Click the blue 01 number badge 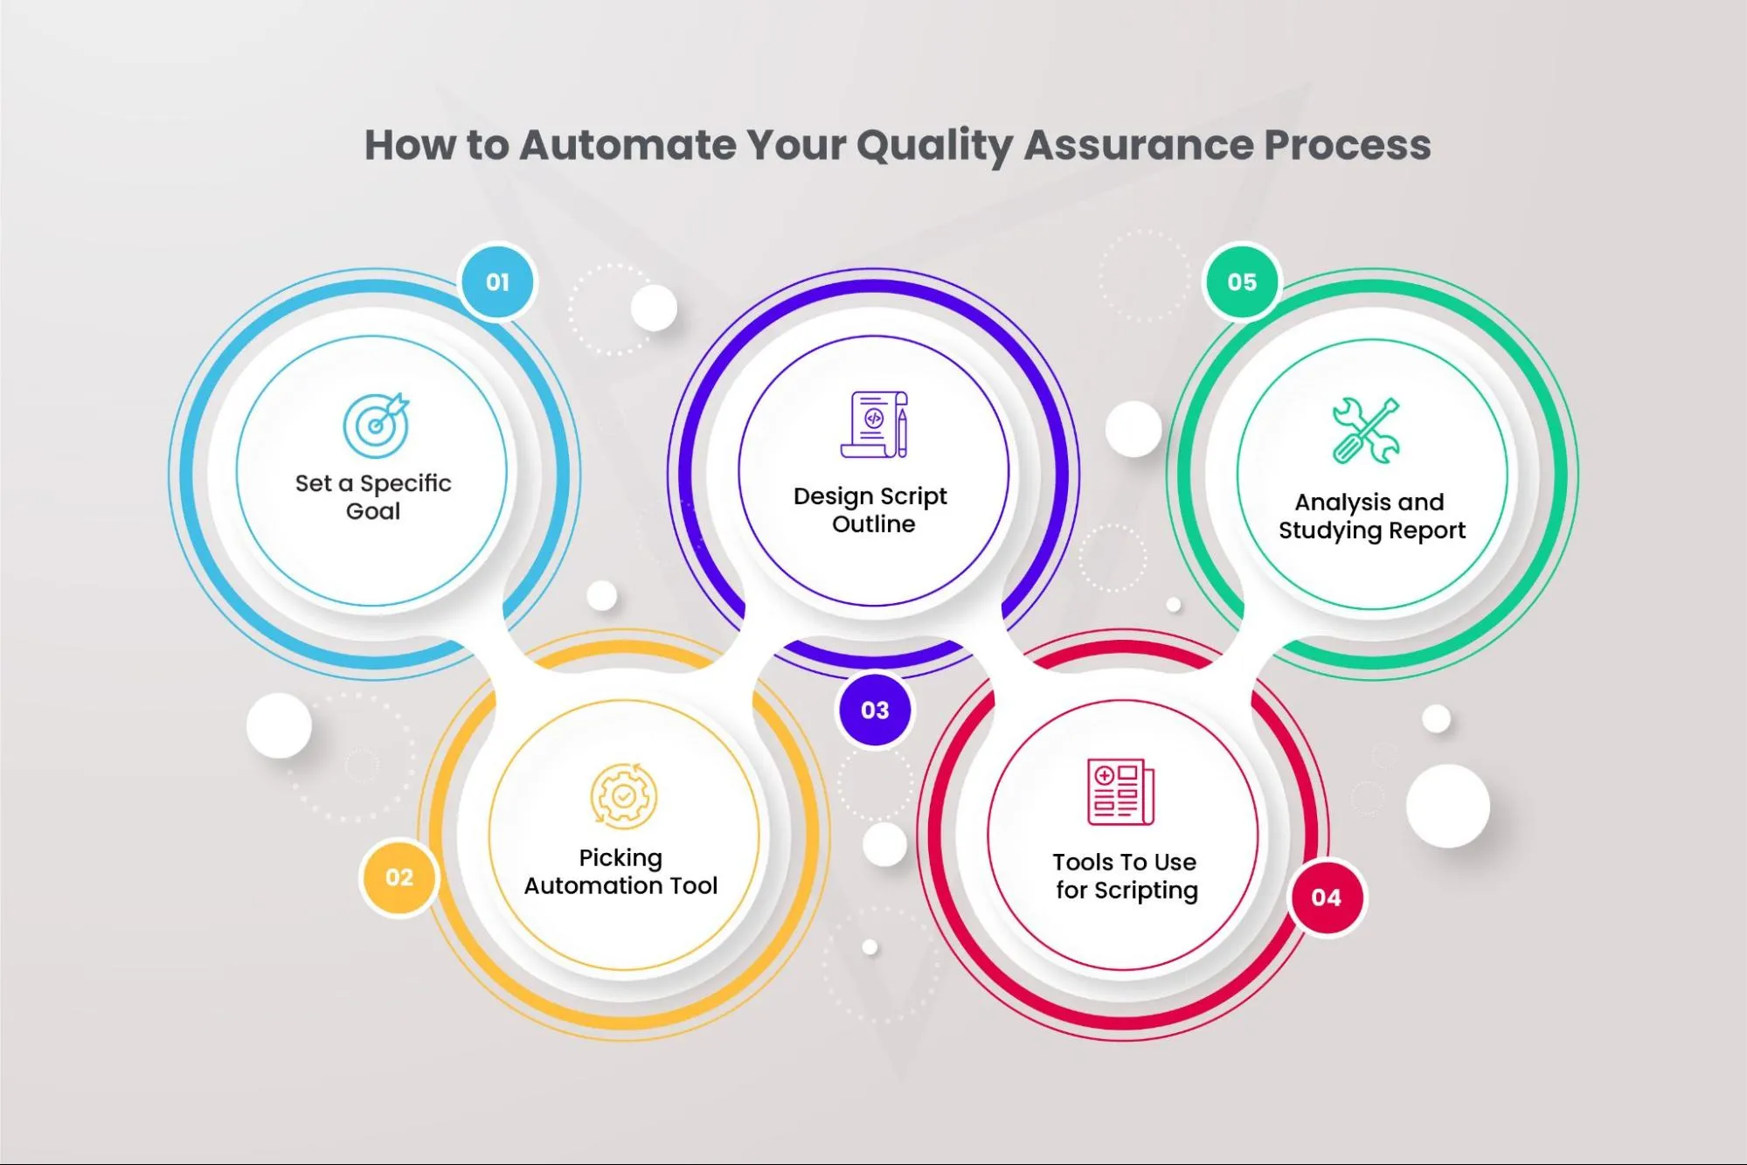(x=497, y=282)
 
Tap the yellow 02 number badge (x=399, y=877)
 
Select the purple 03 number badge (x=875, y=710)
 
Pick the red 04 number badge (x=1326, y=897)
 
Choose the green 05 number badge (x=1242, y=282)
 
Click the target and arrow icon (x=376, y=425)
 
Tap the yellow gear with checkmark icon (x=623, y=795)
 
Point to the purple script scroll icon (x=874, y=424)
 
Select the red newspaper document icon (x=1120, y=792)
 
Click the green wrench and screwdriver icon (x=1366, y=430)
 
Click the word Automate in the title (x=627, y=145)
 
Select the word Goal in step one (x=373, y=511)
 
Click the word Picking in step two (x=620, y=859)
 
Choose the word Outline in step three (x=874, y=524)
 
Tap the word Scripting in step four (x=1146, y=891)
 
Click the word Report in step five (x=1427, y=530)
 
